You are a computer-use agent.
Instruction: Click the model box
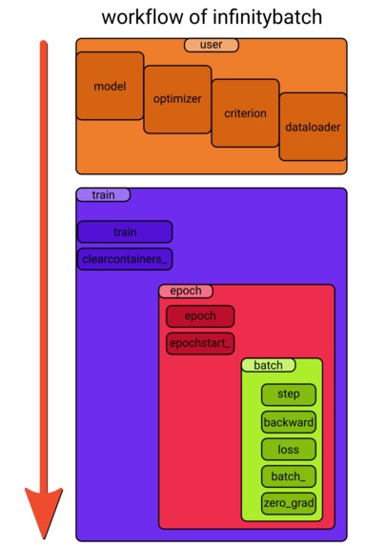[x=110, y=86]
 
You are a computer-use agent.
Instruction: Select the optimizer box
[x=177, y=99]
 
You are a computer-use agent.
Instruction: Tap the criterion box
[x=245, y=112]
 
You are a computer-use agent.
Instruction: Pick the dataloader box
[x=313, y=126]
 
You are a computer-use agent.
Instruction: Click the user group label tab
[x=212, y=45]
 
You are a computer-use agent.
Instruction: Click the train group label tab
[x=103, y=194]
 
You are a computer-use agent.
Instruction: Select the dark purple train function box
[x=125, y=232]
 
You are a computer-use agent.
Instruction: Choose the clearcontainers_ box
[x=125, y=258]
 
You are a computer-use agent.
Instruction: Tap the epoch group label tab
[x=186, y=291]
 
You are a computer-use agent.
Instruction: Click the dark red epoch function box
[x=200, y=316]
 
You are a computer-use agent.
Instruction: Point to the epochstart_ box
[x=200, y=342]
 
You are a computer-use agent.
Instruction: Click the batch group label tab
[x=269, y=365]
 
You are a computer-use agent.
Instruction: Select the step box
[x=288, y=394]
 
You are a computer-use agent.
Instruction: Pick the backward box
[x=288, y=421]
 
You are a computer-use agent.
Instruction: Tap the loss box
[x=288, y=449]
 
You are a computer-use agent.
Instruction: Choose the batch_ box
[x=288, y=476]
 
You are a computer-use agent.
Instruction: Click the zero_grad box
[x=288, y=503]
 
